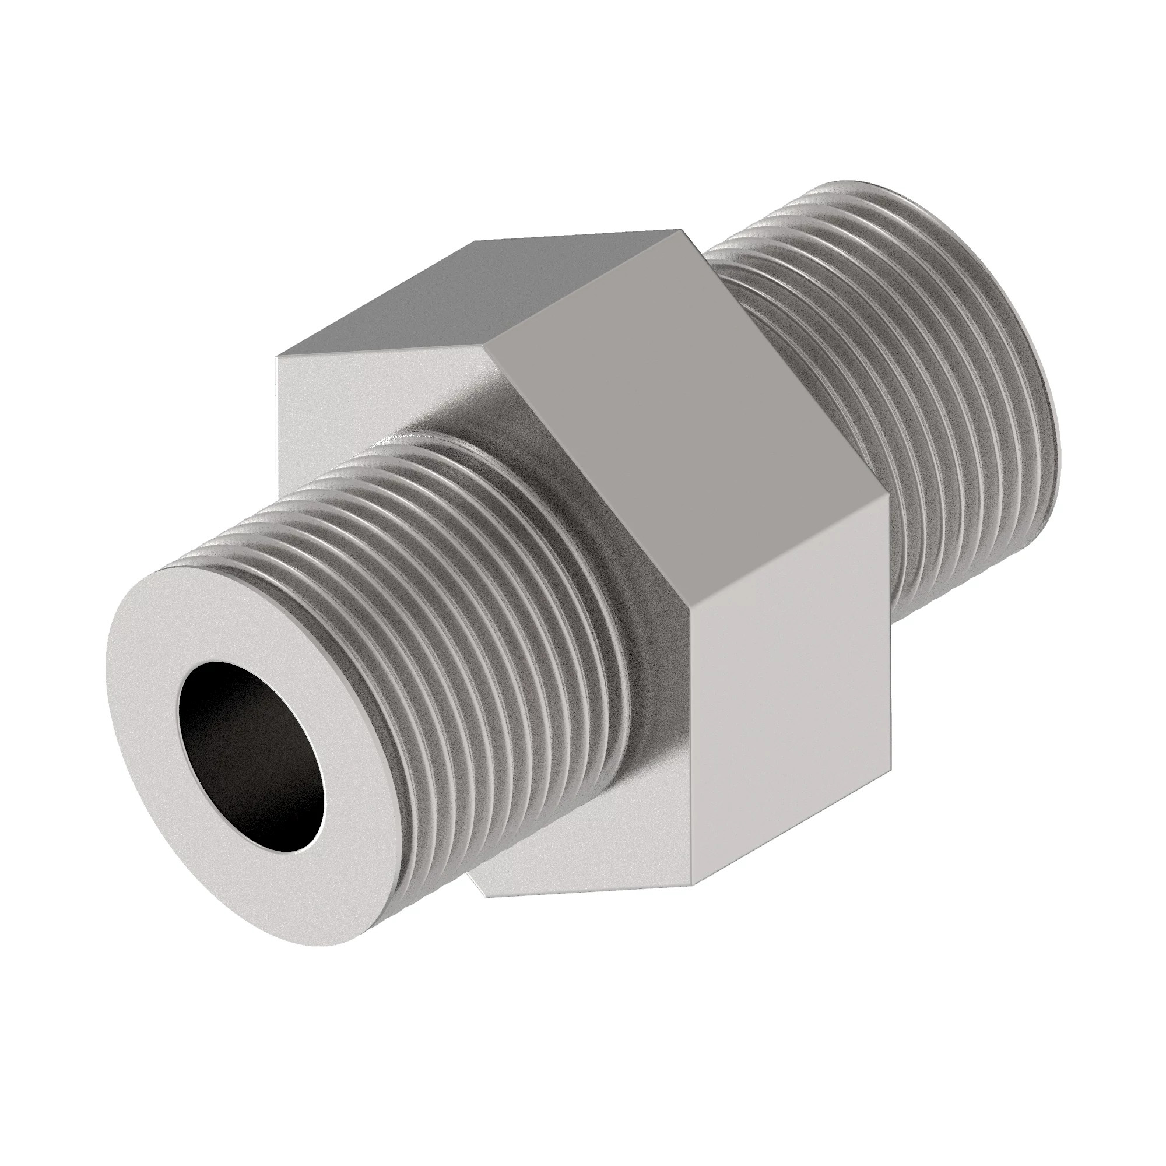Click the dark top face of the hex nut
pos(477,290)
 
